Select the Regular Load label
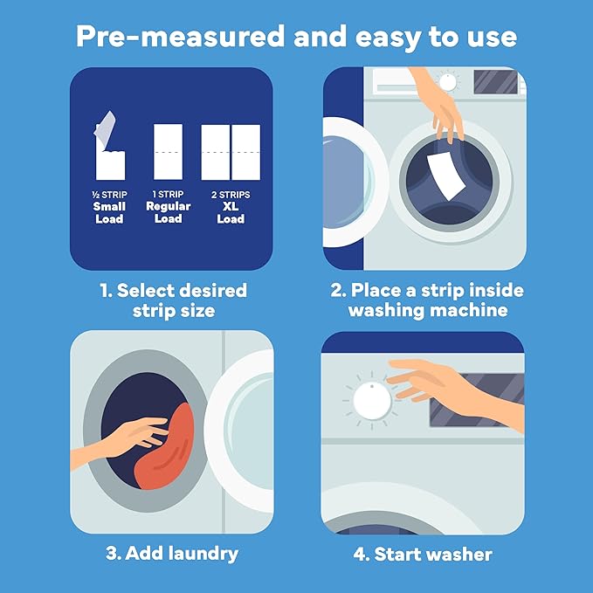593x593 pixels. (x=168, y=212)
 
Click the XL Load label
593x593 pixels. (x=231, y=212)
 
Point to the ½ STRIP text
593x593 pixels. (x=109, y=193)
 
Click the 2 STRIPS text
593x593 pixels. (x=231, y=193)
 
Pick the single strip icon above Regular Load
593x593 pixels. (x=168, y=151)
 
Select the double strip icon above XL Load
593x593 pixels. (x=231, y=151)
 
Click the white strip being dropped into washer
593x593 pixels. (x=447, y=170)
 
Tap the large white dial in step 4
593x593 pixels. (x=373, y=401)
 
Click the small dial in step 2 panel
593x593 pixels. (x=448, y=82)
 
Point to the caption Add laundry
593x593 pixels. (x=170, y=554)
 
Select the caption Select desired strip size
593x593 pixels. (x=170, y=300)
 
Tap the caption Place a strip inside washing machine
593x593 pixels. (x=424, y=300)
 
